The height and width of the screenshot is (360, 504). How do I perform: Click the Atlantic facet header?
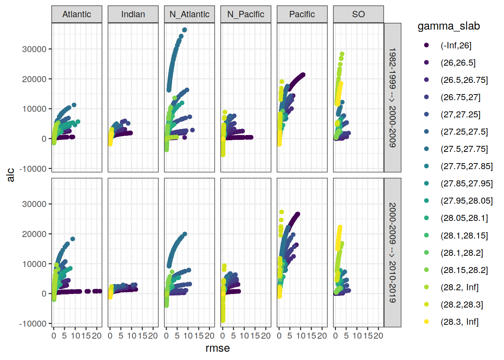(76, 14)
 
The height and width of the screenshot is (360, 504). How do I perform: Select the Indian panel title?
(133, 14)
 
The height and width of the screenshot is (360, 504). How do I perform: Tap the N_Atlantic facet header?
(189, 14)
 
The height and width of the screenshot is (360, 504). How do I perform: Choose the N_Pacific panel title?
(246, 14)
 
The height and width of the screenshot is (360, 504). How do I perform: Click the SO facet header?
(358, 14)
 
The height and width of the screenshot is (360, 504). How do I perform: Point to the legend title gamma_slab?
(448, 26)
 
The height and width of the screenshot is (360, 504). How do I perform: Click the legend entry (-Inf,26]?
(456, 45)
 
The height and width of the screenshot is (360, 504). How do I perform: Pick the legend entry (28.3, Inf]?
(459, 322)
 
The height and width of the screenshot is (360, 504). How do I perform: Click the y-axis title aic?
(10, 175)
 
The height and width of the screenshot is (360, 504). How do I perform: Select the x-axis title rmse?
(217, 348)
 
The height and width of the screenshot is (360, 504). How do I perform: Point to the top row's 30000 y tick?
(34, 49)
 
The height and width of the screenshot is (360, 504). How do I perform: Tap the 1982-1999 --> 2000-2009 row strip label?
(392, 97)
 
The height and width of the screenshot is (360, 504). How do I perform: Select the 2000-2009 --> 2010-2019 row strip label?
(392, 252)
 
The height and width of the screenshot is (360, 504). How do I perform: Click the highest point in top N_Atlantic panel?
(184, 30)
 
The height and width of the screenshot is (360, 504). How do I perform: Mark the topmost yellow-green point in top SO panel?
(342, 54)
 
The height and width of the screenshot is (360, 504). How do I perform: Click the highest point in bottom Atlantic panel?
(73, 239)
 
